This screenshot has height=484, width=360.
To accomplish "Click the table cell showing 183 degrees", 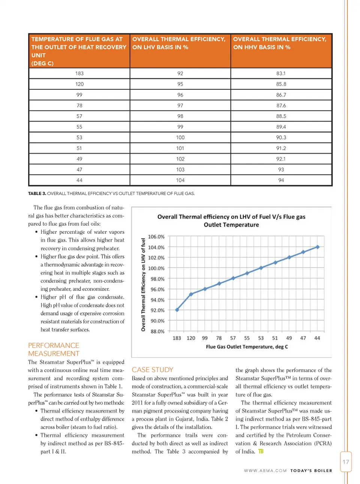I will (x=79, y=74).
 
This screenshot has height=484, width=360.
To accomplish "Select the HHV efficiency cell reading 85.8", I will (x=281, y=84).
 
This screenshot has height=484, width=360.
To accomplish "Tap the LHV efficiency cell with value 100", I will (x=180, y=138).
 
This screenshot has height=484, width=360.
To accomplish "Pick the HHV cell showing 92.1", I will (x=281, y=159).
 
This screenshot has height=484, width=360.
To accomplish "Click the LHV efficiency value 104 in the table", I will (x=180, y=180).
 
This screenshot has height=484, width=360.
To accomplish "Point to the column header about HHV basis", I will (x=280, y=43).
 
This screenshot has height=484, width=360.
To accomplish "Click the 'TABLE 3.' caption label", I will (x=37, y=194).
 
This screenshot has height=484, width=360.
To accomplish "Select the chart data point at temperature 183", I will (x=177, y=310).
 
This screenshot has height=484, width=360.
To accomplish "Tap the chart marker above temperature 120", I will (x=191, y=294).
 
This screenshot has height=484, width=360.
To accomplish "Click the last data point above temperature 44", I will (x=318, y=247).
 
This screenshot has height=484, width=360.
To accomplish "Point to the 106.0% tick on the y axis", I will (x=156, y=237).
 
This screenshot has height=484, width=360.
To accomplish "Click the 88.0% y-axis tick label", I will (x=157, y=332).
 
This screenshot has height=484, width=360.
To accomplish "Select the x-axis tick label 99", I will (x=205, y=338).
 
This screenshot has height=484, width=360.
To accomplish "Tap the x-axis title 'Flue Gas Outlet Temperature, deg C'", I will (x=247, y=347).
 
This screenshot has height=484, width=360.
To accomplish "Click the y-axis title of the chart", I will (x=143, y=284).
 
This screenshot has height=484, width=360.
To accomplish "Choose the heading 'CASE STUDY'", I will (x=153, y=370).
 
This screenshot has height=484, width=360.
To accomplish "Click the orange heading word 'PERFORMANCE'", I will (x=54, y=346).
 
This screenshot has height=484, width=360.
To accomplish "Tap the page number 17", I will (x=346, y=462).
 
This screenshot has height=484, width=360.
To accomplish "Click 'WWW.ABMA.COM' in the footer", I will (x=265, y=470).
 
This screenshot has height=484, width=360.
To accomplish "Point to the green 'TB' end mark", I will (x=261, y=451).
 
